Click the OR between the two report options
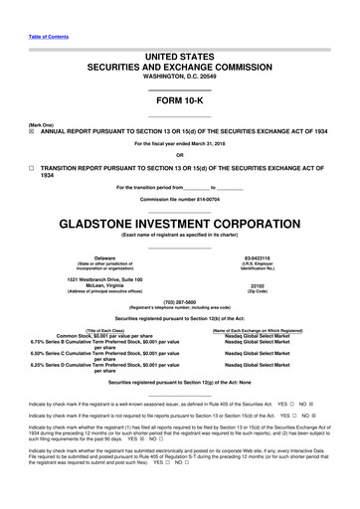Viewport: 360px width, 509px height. (x=179, y=155)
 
